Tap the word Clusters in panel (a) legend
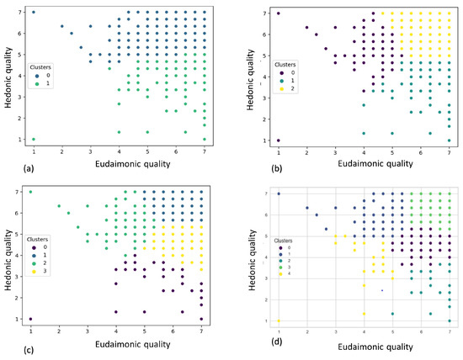[41, 64]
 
